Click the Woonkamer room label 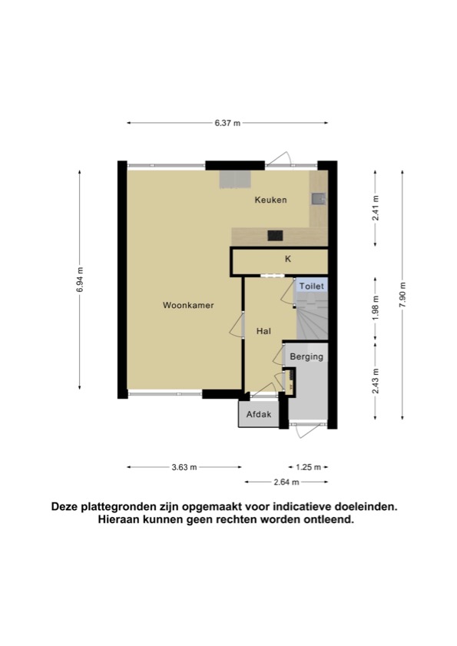click(x=188, y=305)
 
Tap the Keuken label click(x=270, y=200)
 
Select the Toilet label click(x=312, y=286)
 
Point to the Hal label click(x=263, y=331)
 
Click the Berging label click(x=306, y=356)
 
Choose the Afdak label click(x=259, y=414)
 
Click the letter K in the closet click(x=288, y=259)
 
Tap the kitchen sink click(x=319, y=199)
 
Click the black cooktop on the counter click(x=275, y=235)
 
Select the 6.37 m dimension click(x=227, y=123)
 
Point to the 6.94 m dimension click(x=80, y=280)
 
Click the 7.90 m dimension click(x=402, y=294)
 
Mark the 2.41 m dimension click(x=376, y=208)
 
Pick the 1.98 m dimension click(x=376, y=308)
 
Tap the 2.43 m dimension click(x=376, y=381)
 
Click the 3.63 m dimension click(x=184, y=467)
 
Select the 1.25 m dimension click(x=308, y=467)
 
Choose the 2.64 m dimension click(x=286, y=482)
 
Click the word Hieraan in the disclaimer click(x=119, y=520)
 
